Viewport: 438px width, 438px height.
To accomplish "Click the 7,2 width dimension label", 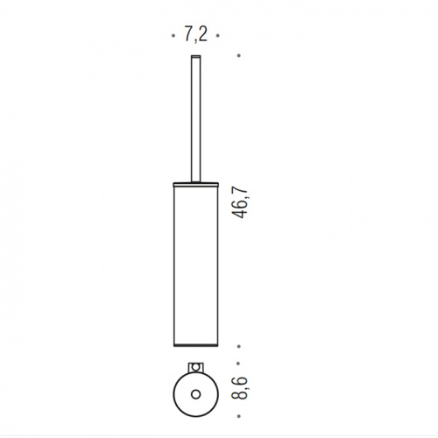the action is (195, 34).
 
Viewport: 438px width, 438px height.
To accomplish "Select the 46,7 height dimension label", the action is (239, 203).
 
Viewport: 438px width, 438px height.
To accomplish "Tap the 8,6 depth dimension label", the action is (239, 388).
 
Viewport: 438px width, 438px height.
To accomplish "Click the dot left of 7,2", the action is (173, 36).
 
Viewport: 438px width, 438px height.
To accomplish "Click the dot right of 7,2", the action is (217, 36).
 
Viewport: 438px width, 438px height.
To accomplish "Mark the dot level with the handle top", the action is (239, 55).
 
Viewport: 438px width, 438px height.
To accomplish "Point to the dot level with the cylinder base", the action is (239, 346).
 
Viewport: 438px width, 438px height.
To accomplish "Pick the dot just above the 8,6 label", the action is (238, 364).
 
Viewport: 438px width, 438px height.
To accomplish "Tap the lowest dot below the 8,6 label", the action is (239, 416).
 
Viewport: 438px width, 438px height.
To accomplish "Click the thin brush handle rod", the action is (196, 118).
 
